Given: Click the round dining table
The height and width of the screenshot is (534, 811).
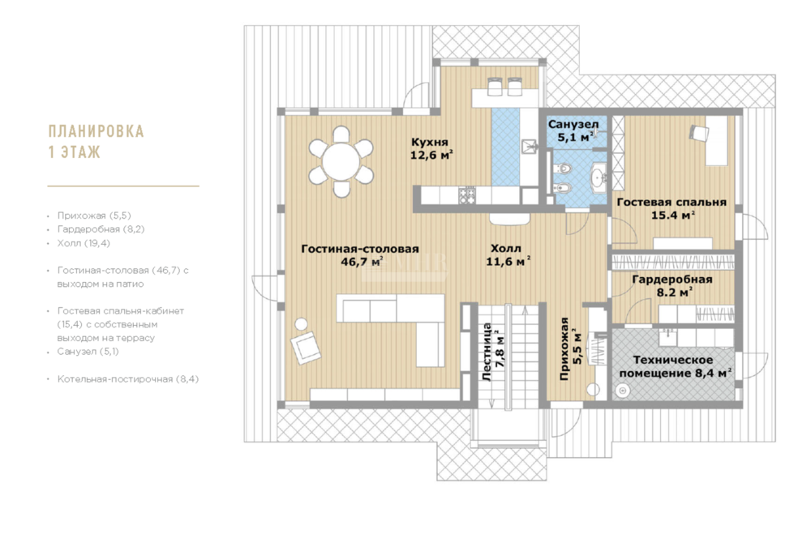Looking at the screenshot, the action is (x=341, y=161).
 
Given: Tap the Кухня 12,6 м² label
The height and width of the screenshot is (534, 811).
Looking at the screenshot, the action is (x=431, y=148).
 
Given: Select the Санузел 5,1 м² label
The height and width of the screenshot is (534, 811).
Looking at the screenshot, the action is (x=573, y=130).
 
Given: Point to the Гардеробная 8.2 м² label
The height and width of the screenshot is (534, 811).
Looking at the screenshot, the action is (x=672, y=286).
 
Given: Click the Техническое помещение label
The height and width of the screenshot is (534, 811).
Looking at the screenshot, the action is (x=675, y=366).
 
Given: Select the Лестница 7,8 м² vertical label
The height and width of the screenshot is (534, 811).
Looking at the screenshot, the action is (x=493, y=352).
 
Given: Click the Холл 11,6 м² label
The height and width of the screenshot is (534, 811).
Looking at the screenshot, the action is (x=508, y=255).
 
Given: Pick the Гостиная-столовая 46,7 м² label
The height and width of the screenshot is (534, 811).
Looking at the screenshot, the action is (x=360, y=255).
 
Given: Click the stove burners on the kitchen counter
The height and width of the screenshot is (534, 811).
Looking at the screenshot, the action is (x=467, y=195).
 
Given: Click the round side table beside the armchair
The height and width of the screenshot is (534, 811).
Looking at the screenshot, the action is (x=301, y=324).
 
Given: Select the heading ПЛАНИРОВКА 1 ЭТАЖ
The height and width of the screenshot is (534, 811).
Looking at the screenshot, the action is (x=96, y=142).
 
